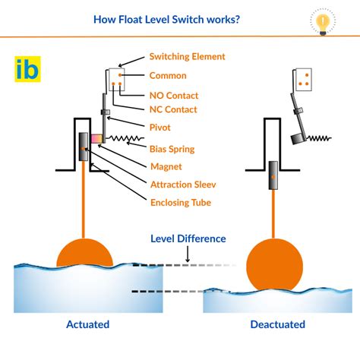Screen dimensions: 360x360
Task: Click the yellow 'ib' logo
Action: point(28,69)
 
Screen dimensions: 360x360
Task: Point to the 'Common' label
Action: point(169,76)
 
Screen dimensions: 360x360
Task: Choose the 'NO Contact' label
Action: point(174,96)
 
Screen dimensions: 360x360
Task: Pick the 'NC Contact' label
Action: point(174,110)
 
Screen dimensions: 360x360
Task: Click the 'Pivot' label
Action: point(161,128)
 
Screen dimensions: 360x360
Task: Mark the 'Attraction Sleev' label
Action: point(186,184)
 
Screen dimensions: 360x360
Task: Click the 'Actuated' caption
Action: point(87,324)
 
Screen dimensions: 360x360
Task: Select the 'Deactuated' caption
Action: point(277,324)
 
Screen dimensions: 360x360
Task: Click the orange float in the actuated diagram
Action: point(84,251)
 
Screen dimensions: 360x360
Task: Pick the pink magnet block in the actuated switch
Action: point(97,139)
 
